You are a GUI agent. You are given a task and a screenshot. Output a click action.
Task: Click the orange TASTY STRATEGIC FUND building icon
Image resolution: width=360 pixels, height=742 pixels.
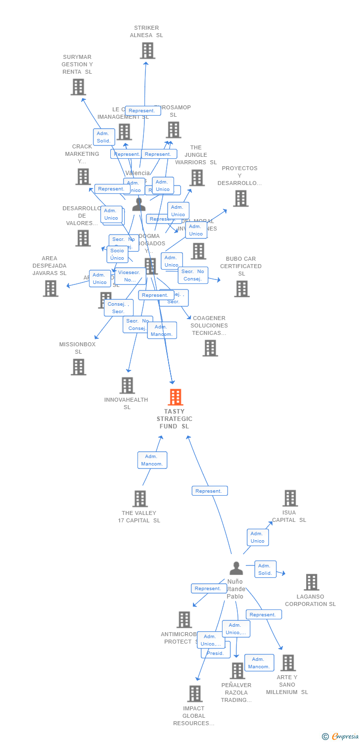[175, 397]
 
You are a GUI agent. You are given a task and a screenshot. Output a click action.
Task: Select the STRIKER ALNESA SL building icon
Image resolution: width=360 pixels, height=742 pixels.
[147, 50]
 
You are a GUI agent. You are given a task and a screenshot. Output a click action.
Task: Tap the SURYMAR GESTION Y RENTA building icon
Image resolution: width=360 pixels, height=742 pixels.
[78, 87]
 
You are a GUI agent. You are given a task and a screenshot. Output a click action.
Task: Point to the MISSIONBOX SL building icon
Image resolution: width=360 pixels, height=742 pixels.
[78, 367]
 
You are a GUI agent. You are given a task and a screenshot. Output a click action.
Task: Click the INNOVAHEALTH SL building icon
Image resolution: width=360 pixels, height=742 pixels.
[127, 385]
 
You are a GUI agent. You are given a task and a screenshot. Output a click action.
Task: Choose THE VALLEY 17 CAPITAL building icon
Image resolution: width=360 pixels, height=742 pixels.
[140, 499]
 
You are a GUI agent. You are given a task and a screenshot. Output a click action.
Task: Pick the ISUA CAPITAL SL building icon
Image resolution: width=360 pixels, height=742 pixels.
[290, 498]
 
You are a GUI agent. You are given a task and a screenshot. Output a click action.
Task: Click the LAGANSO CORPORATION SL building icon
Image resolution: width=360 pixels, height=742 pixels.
[311, 582]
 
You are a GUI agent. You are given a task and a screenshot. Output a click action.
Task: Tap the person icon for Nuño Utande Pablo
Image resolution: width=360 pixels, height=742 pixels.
[236, 568]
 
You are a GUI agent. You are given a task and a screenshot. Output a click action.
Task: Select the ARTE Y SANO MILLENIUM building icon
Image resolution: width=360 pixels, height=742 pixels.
[288, 663]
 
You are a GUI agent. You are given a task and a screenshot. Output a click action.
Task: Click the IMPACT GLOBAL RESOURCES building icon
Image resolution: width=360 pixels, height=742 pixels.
[195, 694]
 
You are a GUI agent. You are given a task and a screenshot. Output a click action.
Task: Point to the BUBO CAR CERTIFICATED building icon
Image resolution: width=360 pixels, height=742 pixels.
[242, 289]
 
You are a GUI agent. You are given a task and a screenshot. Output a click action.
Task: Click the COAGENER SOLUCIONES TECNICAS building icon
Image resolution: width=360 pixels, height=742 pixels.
[210, 348]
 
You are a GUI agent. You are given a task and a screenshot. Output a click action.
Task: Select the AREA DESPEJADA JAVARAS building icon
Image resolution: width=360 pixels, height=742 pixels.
[50, 288]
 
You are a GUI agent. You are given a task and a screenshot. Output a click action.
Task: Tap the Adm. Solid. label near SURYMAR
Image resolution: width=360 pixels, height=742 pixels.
[104, 137]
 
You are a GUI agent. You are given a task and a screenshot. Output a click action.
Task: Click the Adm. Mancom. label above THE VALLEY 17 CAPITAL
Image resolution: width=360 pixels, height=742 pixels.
[152, 460]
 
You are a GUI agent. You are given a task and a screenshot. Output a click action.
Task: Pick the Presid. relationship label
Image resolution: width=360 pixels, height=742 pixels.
[215, 653]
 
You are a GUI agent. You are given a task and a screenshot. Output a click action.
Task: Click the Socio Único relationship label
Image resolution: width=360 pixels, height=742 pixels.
[117, 254]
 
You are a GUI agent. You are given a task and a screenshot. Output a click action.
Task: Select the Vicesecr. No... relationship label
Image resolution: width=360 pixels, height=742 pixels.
[130, 276]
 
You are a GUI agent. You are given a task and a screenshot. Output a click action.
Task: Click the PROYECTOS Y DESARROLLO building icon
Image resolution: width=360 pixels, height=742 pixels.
[241, 198]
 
